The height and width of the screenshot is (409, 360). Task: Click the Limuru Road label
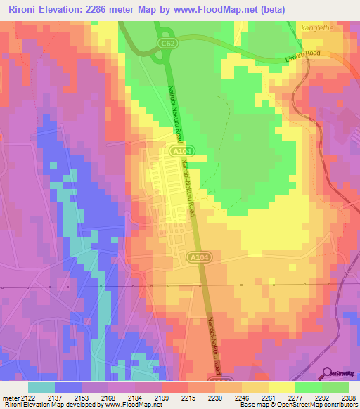pyautogui.click(x=303, y=54)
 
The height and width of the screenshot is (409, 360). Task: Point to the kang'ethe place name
pyautogui.click(x=315, y=27)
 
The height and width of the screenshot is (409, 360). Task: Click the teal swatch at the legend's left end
pyautogui.click(x=41, y=387)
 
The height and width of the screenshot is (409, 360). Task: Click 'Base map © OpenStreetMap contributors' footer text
pyautogui.click(x=298, y=405)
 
